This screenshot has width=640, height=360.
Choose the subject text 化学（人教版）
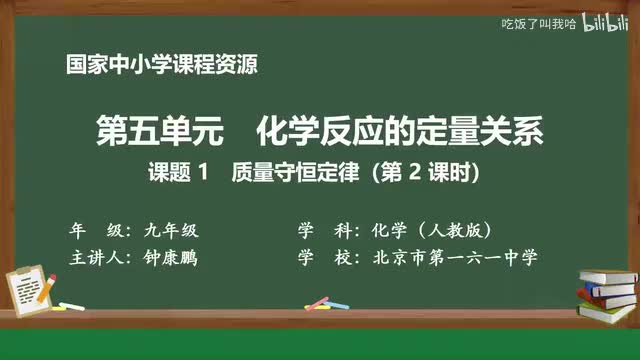pos(430,229)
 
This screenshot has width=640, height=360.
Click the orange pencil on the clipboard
pos(44,287)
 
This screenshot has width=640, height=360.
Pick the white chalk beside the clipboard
pos(71,305)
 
